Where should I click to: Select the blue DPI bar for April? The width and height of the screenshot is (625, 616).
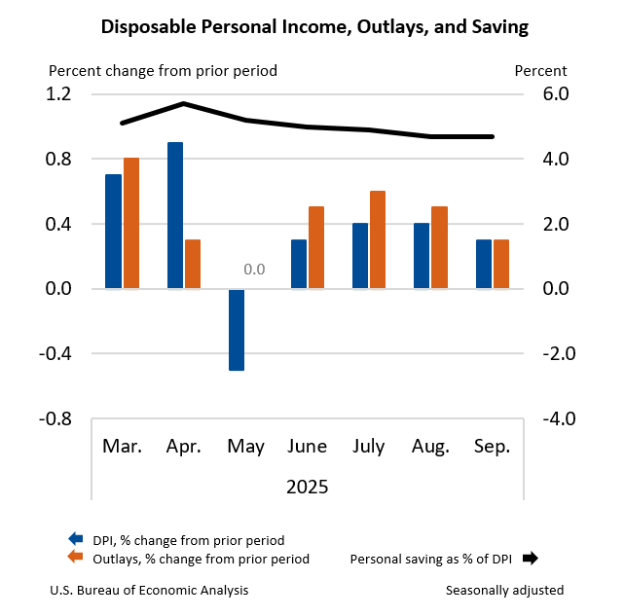tap(175, 215)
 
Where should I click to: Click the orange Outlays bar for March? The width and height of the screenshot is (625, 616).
tap(130, 223)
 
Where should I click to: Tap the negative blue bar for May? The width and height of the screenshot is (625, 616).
tap(237, 329)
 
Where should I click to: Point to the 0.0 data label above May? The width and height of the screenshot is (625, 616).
tap(254, 269)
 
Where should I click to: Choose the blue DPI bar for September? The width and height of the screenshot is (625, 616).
tap(484, 264)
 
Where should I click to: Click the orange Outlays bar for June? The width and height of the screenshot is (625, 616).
tap(315, 247)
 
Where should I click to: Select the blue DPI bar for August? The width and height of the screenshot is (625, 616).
tap(422, 255)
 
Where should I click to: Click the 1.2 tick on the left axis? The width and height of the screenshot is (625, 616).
tap(59, 94)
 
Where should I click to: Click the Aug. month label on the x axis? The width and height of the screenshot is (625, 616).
tap(430, 447)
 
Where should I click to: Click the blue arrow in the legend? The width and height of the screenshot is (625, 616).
tap(75, 539)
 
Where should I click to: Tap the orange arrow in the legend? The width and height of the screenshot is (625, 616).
tap(75, 558)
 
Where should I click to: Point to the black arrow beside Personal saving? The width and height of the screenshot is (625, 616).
tap(530, 559)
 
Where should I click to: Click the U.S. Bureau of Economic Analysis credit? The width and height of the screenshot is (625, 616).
tap(148, 591)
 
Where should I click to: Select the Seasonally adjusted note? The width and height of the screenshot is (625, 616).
tap(504, 591)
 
